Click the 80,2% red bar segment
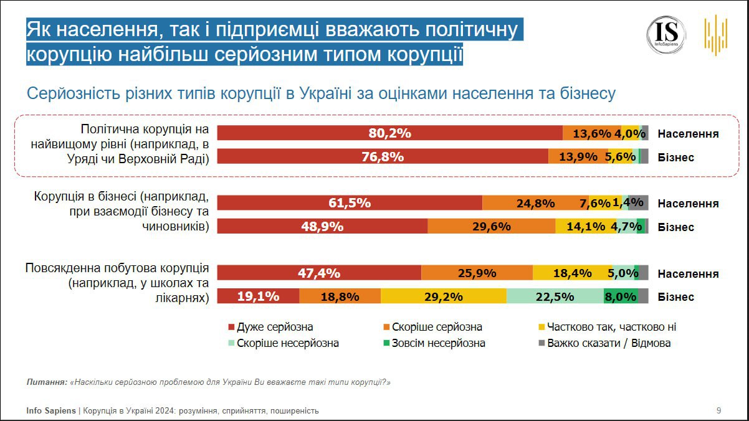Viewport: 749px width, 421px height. tap(389, 133)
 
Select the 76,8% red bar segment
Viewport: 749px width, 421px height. tap(382, 157)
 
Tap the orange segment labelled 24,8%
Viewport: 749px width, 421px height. tap(527, 203)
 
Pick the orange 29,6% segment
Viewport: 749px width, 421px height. tap(491, 227)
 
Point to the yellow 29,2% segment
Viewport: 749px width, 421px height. tap(444, 297)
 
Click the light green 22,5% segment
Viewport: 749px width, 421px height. tap(555, 297)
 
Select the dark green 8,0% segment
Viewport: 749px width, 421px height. tap(621, 297)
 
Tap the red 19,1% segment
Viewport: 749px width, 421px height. tap(258, 297)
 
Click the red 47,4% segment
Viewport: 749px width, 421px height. tap(319, 273)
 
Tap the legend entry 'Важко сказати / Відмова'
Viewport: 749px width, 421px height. tap(604, 343)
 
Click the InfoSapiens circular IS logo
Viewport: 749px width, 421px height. tap(666, 35)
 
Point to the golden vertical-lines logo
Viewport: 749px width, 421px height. tap(716, 35)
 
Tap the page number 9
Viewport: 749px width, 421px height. tap(718, 410)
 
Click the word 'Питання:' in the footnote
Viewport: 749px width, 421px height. tap(47, 382)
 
